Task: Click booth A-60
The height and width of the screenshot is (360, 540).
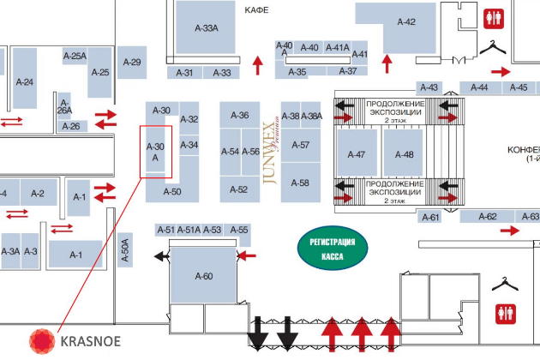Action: point(203,275)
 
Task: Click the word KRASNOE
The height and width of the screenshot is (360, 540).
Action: point(90,341)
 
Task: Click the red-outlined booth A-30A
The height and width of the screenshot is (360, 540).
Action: point(156,152)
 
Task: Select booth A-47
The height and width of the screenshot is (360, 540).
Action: point(357,154)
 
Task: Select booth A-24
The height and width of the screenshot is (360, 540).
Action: point(25,81)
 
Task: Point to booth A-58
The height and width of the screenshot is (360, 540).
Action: point(300,183)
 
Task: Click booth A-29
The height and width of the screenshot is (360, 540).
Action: point(131,62)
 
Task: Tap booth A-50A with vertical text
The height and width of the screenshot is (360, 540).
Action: point(125,249)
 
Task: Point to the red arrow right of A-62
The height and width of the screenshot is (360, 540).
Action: point(510,230)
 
